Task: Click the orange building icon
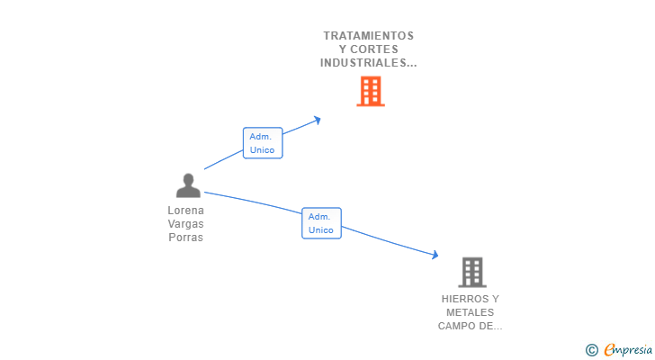click(370, 91)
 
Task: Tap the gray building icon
click(471, 272)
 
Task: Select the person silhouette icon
click(188, 186)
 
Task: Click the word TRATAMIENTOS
click(369, 36)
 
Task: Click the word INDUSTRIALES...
click(366, 63)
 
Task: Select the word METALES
click(471, 312)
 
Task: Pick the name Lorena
click(185, 211)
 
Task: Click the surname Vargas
click(185, 224)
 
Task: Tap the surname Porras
click(185, 238)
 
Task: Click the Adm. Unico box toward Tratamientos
click(263, 143)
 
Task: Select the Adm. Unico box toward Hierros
click(321, 223)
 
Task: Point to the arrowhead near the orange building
click(317, 119)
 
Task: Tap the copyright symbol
click(592, 350)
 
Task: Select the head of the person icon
click(188, 179)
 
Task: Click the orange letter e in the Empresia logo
click(609, 350)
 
